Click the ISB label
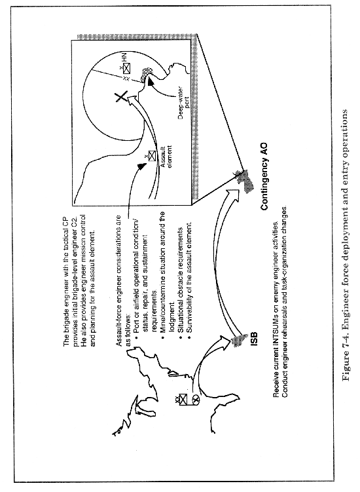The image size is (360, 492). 254,339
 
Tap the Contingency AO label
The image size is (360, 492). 264,177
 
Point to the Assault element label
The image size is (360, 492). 166,156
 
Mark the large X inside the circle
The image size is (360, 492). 120,97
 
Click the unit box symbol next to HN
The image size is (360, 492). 126,69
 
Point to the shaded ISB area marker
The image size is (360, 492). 238,340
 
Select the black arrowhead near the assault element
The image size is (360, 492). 142,166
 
